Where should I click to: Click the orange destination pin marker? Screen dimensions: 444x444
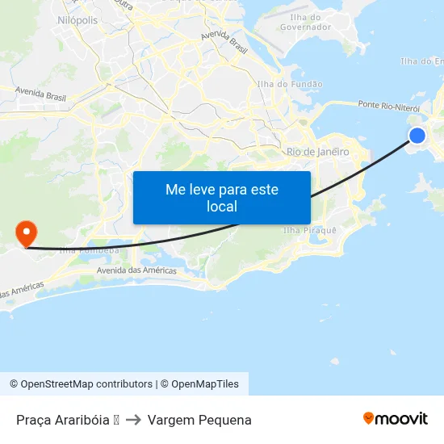click(26, 233)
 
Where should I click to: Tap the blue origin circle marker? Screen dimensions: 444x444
click(417, 136)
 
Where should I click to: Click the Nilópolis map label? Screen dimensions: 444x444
click(78, 19)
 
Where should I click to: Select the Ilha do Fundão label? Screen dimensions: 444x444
click(289, 84)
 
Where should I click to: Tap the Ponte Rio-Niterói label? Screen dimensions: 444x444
click(390, 107)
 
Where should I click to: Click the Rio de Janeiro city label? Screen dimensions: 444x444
click(317, 152)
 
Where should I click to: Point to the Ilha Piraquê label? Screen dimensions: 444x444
click(309, 230)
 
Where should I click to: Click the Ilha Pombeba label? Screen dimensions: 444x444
click(89, 250)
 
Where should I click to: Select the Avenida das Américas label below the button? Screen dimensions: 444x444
click(136, 270)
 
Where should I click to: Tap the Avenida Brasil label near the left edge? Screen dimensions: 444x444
click(40, 96)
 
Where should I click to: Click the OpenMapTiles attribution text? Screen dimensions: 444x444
click(205, 384)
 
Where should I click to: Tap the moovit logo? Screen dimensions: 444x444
click(396, 418)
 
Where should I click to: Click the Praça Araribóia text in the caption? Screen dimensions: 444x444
click(61, 420)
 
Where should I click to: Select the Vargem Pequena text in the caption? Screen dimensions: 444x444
click(199, 420)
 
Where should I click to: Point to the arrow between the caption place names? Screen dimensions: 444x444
click(133, 420)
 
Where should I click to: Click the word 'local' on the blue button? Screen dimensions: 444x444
click(222, 207)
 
